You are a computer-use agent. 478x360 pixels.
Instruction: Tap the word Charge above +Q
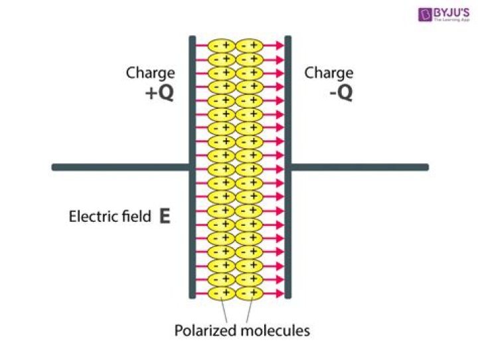point(151,73)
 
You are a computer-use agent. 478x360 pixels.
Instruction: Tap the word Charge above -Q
point(329,73)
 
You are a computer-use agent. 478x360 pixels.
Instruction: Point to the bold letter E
point(165,217)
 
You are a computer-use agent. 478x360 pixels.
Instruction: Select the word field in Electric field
point(135,217)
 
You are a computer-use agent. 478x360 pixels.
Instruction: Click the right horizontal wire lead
point(358,167)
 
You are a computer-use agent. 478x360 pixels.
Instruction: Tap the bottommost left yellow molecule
point(222,292)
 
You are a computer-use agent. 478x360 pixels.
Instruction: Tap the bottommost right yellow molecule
point(250,292)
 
